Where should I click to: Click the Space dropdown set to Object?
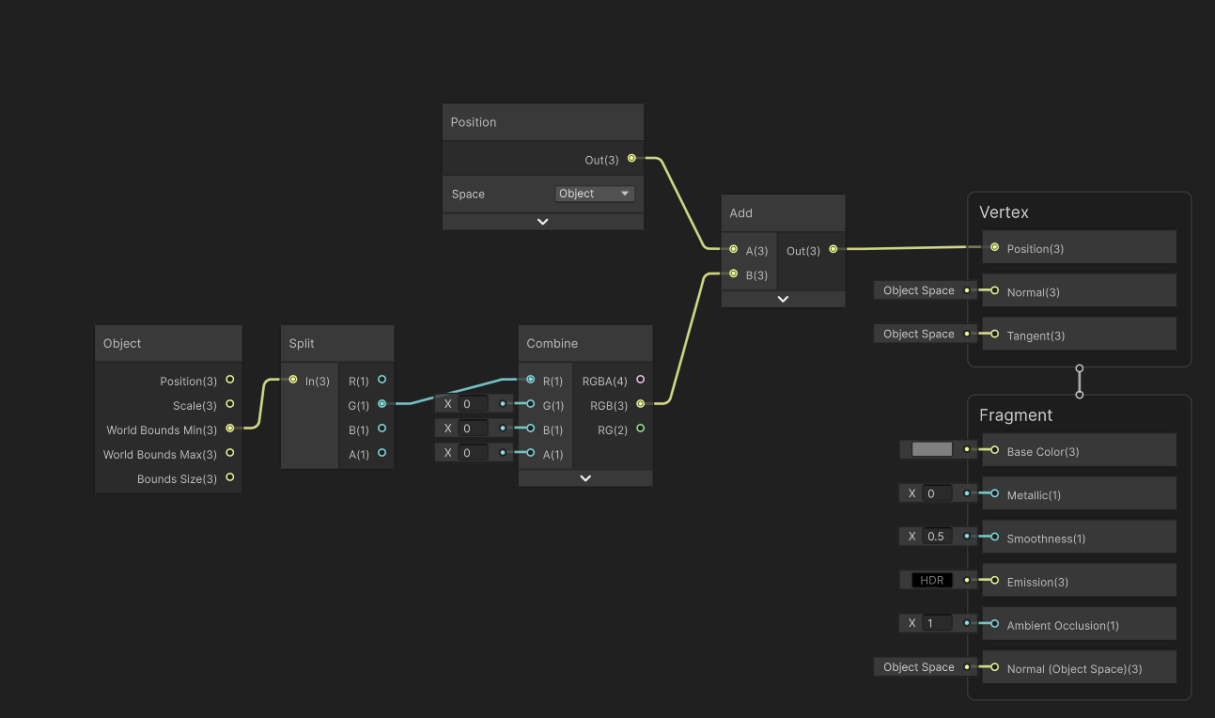click(595, 194)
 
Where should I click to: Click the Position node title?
click(474, 122)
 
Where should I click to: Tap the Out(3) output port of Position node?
click(631, 159)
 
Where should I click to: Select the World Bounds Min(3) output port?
click(230, 429)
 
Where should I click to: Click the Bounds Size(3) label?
click(177, 479)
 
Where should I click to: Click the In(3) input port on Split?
click(293, 380)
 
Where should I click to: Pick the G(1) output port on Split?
click(382, 404)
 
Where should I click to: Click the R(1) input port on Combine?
click(531, 380)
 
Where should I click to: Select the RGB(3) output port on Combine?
click(641, 404)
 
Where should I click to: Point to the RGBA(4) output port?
click(641, 380)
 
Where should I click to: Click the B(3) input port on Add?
click(733, 274)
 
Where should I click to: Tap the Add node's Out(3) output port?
click(833, 249)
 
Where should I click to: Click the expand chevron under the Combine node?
click(585, 477)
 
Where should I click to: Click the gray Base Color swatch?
click(931, 449)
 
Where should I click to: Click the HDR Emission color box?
click(931, 580)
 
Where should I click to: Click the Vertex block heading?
click(1004, 212)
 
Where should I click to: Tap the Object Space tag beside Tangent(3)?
click(918, 334)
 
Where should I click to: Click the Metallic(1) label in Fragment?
click(1034, 495)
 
